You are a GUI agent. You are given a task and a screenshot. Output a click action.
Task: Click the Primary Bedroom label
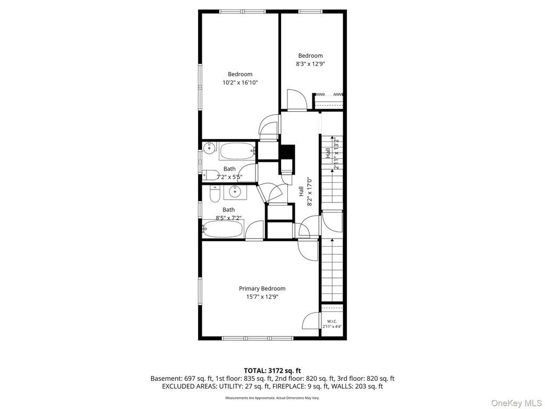pyautogui.click(x=262, y=288)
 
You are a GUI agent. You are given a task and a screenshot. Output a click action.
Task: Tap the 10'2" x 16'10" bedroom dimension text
pyautogui.click(x=240, y=83)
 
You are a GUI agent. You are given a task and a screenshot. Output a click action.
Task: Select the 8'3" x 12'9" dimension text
pyautogui.click(x=310, y=64)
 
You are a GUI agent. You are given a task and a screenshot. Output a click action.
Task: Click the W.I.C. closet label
pyautogui.click(x=332, y=321)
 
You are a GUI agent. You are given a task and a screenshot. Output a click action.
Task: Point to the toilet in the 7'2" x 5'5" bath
pyautogui.click(x=210, y=174)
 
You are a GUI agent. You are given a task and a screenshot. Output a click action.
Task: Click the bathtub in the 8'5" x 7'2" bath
pyautogui.click(x=223, y=229)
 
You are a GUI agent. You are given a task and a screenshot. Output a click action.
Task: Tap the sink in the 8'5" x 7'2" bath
pyautogui.click(x=235, y=192)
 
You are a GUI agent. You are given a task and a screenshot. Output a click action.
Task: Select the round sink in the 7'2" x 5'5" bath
pyautogui.click(x=209, y=148)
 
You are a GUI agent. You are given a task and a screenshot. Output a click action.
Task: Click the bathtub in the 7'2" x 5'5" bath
pyautogui.click(x=238, y=151)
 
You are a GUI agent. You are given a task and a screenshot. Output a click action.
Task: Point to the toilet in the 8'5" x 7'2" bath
pyautogui.click(x=215, y=194)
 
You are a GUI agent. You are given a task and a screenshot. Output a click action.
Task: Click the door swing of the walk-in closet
pyautogui.click(x=311, y=321)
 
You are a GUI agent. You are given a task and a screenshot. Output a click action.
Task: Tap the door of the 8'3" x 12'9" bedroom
pyautogui.click(x=296, y=100)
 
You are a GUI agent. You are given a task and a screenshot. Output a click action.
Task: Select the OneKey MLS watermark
pyautogui.click(x=516, y=403)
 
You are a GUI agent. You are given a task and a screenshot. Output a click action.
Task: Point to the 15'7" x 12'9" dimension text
pyautogui.click(x=262, y=297)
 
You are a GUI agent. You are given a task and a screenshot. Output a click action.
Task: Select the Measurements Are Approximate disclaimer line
pyautogui.click(x=272, y=397)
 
